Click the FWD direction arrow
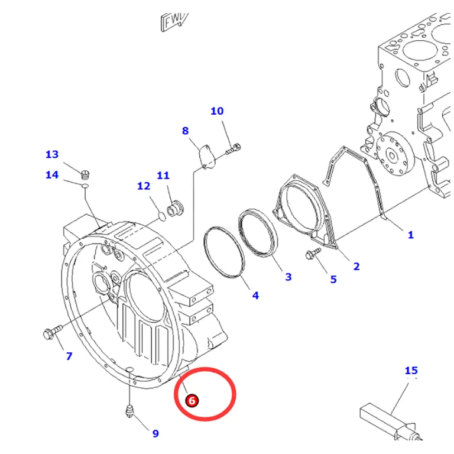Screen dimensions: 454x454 point(174,22)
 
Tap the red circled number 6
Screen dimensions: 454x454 point(192,401)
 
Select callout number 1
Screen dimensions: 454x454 point(411,235)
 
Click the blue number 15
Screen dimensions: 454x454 point(411,370)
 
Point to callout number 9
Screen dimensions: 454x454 point(155,433)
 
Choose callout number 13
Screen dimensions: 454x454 point(52,154)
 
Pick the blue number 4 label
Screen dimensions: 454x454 point(255,296)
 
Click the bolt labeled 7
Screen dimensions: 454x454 point(53,332)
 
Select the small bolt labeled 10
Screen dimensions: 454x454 point(233,149)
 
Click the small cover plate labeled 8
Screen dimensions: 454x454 point(207,156)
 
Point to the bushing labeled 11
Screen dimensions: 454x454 point(175,209)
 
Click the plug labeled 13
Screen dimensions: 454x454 point(85,174)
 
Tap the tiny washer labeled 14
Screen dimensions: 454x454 point(85,186)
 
